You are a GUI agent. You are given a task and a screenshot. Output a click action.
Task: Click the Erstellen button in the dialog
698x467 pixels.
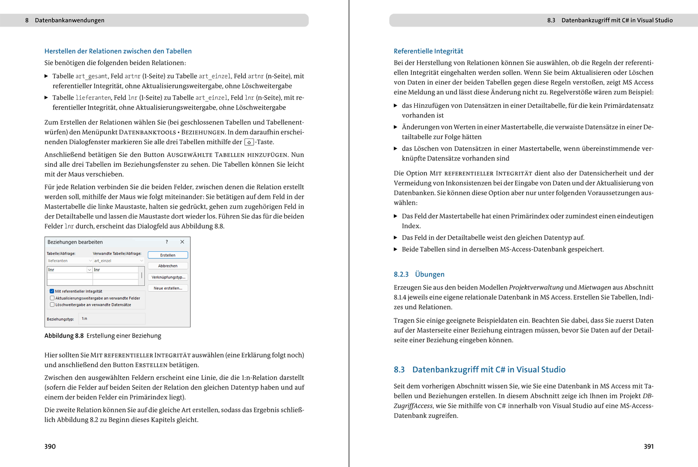click(168, 255)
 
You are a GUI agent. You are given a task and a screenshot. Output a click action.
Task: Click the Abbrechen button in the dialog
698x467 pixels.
click(168, 266)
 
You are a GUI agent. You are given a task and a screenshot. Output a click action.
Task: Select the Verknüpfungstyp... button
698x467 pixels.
click(168, 277)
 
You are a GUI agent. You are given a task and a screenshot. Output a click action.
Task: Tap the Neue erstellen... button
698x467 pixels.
click(168, 288)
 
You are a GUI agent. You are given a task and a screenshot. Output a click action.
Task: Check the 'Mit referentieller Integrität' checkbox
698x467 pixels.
click(52, 291)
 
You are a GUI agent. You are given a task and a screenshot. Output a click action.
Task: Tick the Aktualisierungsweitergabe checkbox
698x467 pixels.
click(52, 298)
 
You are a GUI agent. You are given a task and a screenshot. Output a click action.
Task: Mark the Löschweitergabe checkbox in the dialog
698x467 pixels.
click(52, 305)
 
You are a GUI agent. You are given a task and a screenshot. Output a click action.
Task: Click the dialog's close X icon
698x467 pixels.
click(182, 242)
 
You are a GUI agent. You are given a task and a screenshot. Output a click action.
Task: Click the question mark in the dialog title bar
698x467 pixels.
click(167, 242)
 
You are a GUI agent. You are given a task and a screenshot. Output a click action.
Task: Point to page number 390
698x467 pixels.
click(50, 446)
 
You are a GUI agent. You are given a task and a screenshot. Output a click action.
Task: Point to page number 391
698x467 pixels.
click(649, 446)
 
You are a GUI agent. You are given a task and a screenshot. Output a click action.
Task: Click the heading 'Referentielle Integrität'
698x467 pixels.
click(428, 51)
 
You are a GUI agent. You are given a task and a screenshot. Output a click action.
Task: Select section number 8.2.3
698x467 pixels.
click(401, 274)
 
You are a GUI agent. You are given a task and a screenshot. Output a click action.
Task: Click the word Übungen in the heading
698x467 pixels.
click(430, 274)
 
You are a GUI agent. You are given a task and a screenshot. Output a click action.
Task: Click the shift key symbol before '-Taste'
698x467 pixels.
click(249, 142)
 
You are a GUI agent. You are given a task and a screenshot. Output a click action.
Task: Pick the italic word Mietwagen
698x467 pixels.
click(594, 287)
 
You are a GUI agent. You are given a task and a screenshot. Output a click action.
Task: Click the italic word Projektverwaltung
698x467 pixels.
click(536, 287)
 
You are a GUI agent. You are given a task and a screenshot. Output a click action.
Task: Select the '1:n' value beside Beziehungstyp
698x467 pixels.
click(85, 319)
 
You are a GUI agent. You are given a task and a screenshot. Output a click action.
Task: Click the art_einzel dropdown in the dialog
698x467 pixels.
click(118, 261)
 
